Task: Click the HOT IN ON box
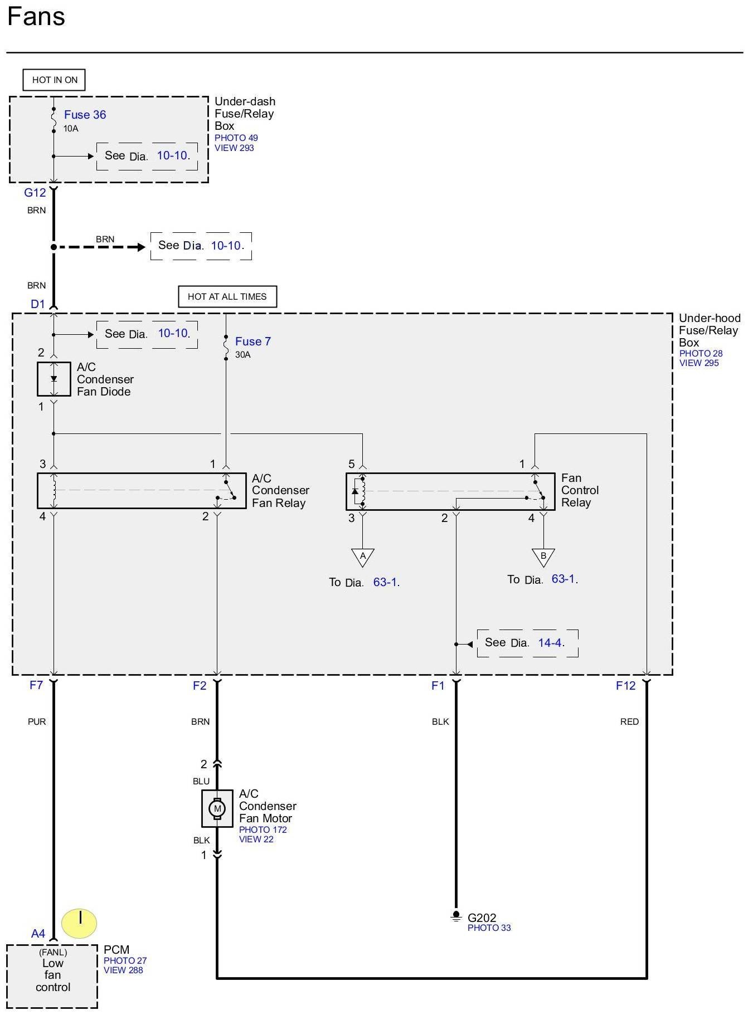[54, 80]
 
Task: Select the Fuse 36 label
[85, 115]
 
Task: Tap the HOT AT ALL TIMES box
[227, 296]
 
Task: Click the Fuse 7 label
[253, 341]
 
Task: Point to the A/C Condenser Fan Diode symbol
[54, 379]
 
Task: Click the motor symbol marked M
[217, 808]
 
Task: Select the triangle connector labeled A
[363, 557]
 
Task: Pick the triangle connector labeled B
[543, 557]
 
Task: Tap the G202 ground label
[482, 918]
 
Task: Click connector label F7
[36, 685]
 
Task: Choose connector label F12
[625, 686]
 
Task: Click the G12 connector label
[35, 193]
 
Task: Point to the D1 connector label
[37, 304]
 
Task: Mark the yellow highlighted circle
[79, 923]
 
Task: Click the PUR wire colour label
[37, 721]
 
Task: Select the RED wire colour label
[629, 721]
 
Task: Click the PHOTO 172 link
[263, 829]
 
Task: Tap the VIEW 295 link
[699, 363]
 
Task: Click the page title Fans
[36, 16]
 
